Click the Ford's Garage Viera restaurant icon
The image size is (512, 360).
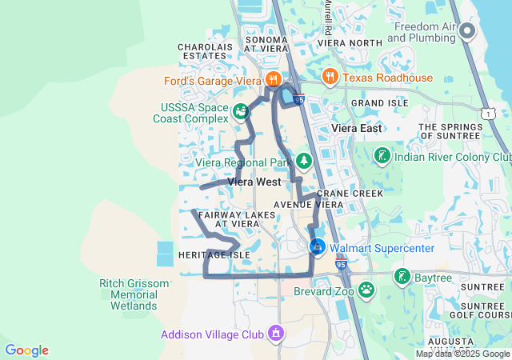(x=274, y=79)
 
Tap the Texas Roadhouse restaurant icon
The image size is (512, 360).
(x=329, y=77)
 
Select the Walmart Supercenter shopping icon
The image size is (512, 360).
(x=318, y=247)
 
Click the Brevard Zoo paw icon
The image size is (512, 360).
(x=366, y=289)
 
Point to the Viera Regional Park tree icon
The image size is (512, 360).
(x=304, y=162)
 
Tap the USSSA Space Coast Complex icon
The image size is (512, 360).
(x=241, y=111)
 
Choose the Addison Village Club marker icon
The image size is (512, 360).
(x=276, y=332)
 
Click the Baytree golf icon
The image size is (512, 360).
(x=401, y=277)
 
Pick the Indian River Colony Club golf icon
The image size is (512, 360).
(x=382, y=155)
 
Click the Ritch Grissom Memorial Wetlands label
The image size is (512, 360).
(x=134, y=294)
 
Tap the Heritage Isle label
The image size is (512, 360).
(x=214, y=255)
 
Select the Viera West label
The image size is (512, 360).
(x=254, y=182)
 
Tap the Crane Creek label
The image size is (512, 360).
(x=350, y=194)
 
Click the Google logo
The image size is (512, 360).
(x=27, y=350)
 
